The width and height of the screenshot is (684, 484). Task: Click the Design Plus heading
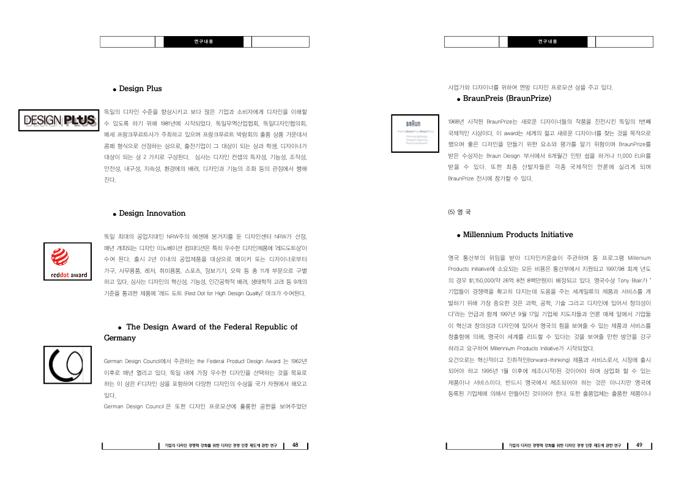[140, 89]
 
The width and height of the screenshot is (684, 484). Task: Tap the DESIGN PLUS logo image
[59, 120]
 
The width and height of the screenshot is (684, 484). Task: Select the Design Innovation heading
[152, 213]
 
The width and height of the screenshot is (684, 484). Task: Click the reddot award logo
[68, 263]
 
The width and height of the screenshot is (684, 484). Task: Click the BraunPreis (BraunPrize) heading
[507, 98]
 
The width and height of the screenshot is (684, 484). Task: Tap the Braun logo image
[415, 133]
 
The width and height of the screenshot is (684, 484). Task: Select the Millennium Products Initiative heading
[518, 235]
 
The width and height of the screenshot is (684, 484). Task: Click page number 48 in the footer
[295, 445]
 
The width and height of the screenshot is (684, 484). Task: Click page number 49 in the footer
[639, 445]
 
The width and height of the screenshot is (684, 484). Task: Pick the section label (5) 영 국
[459, 212]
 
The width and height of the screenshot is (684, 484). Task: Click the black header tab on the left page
[204, 42]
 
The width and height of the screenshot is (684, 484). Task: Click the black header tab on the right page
[548, 42]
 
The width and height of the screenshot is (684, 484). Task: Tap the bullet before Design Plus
[115, 89]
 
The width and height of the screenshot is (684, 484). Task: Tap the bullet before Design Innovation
[115, 214]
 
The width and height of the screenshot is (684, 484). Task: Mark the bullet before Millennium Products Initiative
[459, 235]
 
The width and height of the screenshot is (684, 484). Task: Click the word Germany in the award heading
[120, 338]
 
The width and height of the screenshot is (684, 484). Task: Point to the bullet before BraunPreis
[459, 99]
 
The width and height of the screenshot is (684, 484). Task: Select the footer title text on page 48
[221, 446]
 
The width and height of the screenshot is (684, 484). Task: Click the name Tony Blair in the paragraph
[631, 280]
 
